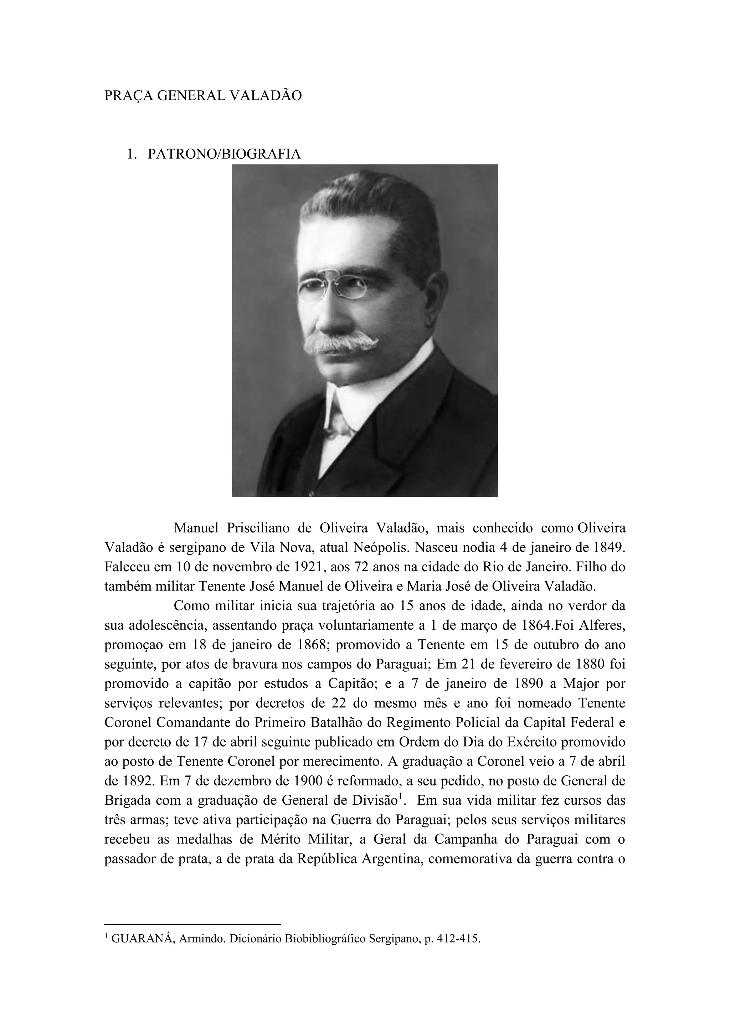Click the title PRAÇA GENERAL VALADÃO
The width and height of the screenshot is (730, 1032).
[203, 96]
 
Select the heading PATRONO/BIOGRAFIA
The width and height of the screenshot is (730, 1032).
[224, 154]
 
